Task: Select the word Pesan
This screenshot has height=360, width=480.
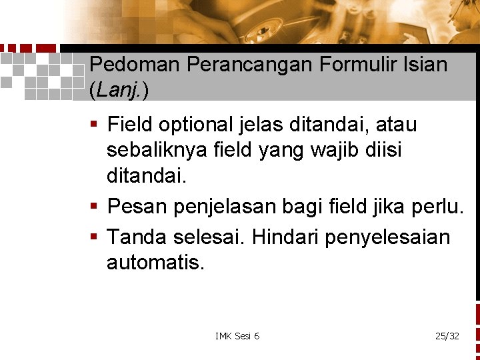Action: point(138,207)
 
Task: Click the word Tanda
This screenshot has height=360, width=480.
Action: point(139,236)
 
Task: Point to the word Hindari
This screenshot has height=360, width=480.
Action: point(288,236)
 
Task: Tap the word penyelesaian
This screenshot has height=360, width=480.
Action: point(387,236)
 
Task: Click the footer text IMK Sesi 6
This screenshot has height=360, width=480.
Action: point(237,336)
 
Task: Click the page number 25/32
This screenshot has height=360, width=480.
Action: point(447,336)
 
